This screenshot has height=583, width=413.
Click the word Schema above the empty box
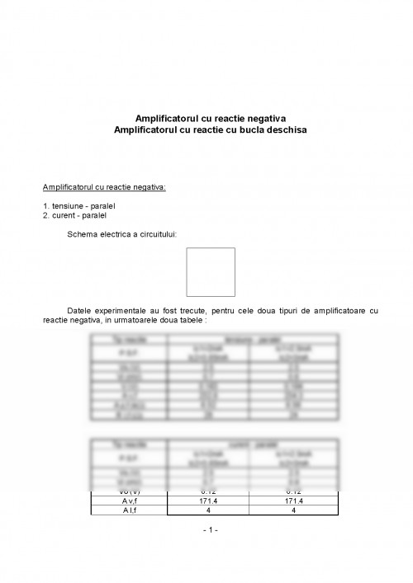[x=84, y=233]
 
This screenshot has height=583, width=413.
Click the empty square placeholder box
[x=210, y=272]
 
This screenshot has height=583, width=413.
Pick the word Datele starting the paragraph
[x=84, y=310]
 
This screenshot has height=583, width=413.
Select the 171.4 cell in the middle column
[x=193, y=501]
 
